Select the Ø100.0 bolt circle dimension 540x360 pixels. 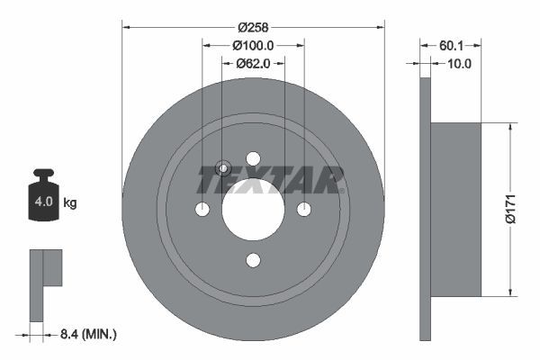[x=253, y=45]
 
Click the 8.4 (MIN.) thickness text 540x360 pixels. [x=87, y=334]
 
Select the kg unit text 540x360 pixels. [x=70, y=203]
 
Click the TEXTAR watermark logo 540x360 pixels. [x=271, y=179]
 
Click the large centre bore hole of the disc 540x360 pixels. [x=253, y=209]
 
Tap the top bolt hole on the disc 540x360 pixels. [x=253, y=158]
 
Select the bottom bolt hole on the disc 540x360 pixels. [x=253, y=260]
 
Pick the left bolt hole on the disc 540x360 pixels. [x=202, y=209]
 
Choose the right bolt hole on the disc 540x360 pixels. [x=304, y=209]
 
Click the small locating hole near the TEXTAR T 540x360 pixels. [x=224, y=167]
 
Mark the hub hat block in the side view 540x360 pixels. [x=455, y=209]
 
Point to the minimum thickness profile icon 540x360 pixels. [x=45, y=279]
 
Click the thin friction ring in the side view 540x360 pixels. [x=425, y=209]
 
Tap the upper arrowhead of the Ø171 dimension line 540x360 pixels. [x=512, y=128]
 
